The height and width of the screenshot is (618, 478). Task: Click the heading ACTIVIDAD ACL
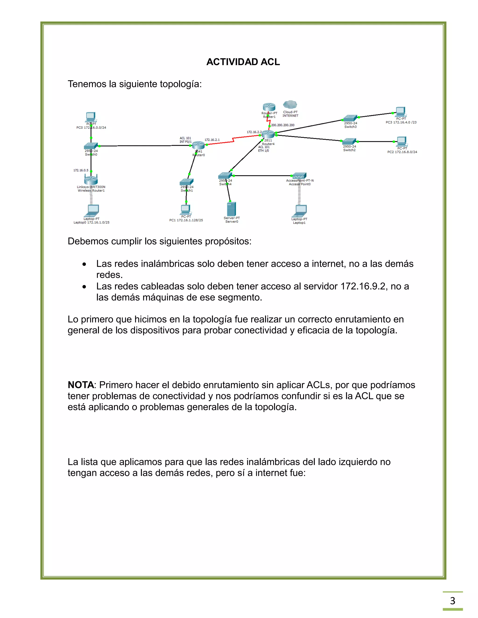pyautogui.click(x=243, y=62)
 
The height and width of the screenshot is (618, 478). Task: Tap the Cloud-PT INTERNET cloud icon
pyautogui.click(x=290, y=105)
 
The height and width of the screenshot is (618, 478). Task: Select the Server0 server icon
pyautogui.click(x=231, y=209)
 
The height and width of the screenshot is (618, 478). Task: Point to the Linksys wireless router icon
pyautogui.click(x=91, y=179)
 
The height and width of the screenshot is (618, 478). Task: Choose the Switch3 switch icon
pyautogui.click(x=350, y=118)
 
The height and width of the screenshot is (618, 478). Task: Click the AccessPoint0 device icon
pyautogui.click(x=299, y=176)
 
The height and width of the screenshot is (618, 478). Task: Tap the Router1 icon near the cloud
pyautogui.click(x=269, y=107)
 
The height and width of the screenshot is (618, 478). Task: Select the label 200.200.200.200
pyautogui.click(x=283, y=125)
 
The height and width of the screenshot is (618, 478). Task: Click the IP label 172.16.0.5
pyautogui.click(x=81, y=170)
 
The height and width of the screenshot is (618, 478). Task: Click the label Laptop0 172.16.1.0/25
pyautogui.click(x=91, y=222)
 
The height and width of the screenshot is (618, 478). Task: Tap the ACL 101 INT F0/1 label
pyautogui.click(x=186, y=140)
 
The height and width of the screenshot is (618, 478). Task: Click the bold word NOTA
pyautogui.click(x=81, y=385)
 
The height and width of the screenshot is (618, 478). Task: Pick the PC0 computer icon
pyautogui.click(x=91, y=117)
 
